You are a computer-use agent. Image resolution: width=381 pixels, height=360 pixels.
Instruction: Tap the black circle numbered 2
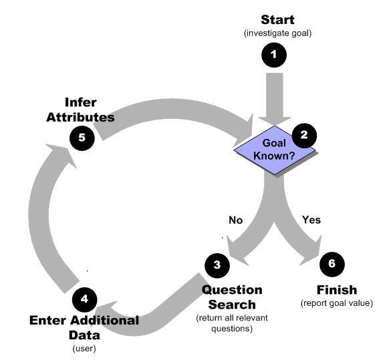pyautogui.click(x=303, y=136)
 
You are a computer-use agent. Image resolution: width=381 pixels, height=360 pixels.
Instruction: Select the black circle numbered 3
pyautogui.click(x=217, y=265)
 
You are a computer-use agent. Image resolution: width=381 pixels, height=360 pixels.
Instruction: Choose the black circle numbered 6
pyautogui.click(x=332, y=264)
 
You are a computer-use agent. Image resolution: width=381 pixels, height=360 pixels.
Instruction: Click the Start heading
pyautogui.click(x=277, y=19)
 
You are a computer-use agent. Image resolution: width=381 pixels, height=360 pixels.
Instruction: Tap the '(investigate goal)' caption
pyautogui.click(x=277, y=33)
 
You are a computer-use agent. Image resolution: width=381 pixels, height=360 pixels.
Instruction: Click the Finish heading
pyautogui.click(x=336, y=290)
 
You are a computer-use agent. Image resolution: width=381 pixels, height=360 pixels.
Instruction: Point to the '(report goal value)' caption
pyautogui.click(x=336, y=304)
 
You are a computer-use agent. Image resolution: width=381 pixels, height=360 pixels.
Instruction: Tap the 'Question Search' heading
pyautogui.click(x=232, y=297)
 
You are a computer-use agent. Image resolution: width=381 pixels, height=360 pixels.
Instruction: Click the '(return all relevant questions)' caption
pyautogui.click(x=232, y=323)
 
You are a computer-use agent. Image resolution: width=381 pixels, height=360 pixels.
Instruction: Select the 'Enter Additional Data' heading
pyautogui.click(x=84, y=327)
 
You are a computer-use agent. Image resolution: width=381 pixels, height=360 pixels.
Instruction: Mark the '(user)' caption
pyautogui.click(x=84, y=348)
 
